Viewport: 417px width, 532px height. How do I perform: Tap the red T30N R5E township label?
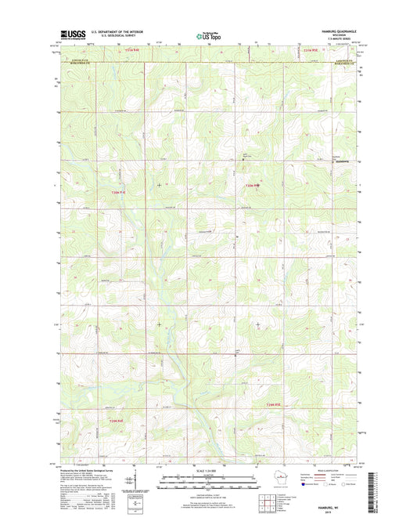coord(250,185)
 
